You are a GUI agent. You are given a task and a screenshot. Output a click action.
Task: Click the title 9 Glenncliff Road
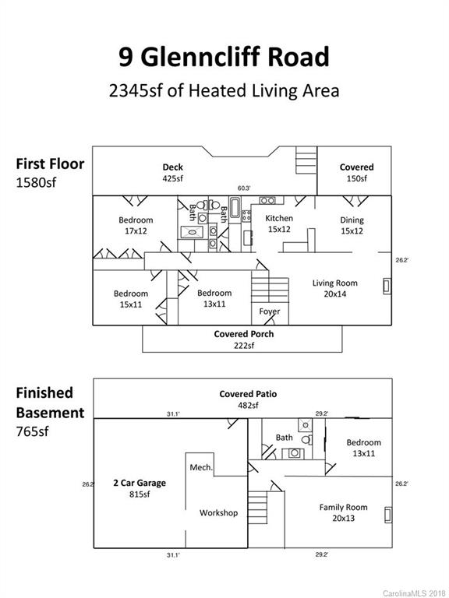[224, 57]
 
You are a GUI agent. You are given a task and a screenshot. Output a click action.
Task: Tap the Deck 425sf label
[172, 172]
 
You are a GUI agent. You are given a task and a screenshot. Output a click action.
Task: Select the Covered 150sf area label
[356, 172]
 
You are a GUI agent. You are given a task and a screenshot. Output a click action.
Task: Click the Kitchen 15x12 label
[279, 223]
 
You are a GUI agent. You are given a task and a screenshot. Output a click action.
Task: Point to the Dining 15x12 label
[352, 225]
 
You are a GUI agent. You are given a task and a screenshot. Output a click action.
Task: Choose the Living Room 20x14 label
[335, 288]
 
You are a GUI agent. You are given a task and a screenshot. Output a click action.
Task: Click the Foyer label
[270, 311]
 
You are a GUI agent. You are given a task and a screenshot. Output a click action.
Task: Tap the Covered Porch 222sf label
[243, 339]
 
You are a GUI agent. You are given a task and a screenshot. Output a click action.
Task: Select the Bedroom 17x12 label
[136, 225]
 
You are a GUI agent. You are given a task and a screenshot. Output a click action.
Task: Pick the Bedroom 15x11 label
[131, 299]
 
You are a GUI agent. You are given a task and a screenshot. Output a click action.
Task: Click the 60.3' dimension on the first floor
[244, 188]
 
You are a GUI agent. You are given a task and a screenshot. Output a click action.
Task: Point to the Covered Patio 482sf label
[248, 399]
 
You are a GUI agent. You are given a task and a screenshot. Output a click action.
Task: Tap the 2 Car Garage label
[140, 483]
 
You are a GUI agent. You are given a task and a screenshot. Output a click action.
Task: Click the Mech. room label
[201, 467]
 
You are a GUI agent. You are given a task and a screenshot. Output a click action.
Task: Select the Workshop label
[218, 513]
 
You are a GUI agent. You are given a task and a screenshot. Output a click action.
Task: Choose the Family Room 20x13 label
[343, 512]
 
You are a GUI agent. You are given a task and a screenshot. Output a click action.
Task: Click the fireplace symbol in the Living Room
[387, 287]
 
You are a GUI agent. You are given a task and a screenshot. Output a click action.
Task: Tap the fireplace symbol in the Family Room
[388, 515]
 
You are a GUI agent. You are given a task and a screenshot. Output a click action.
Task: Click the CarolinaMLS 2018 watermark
[415, 593]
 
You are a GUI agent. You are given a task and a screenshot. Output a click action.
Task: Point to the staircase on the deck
[306, 160]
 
